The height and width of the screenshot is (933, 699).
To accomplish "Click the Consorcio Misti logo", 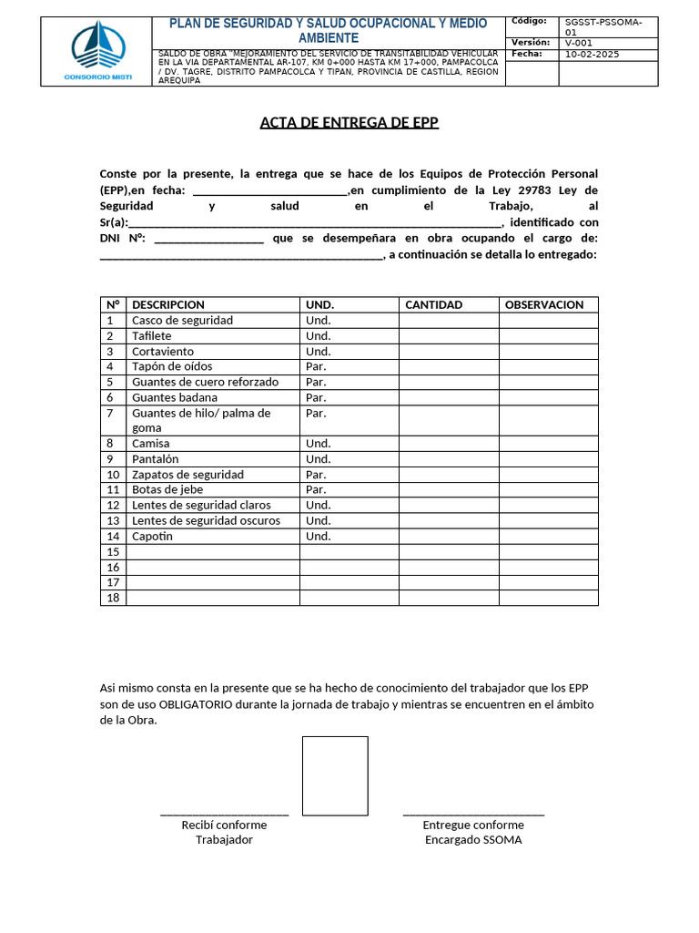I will (97, 51).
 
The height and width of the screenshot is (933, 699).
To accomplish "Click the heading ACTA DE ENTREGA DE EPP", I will (349, 123).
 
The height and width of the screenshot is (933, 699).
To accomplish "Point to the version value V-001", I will (579, 43).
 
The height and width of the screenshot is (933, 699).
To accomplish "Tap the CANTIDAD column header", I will (433, 304).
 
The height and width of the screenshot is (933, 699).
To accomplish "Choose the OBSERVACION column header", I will (544, 304).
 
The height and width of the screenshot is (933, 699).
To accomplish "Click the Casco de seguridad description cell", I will (182, 320).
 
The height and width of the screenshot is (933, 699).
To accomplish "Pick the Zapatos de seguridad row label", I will (187, 474).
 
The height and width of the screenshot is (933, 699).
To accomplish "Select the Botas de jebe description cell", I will (167, 489).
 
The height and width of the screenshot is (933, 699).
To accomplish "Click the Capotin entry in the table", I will (152, 536).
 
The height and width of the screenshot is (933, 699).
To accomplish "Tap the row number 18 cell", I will (113, 598).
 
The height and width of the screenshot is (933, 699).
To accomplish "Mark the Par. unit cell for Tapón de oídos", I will (316, 366).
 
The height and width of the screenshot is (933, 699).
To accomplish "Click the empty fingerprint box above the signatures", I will (335, 775).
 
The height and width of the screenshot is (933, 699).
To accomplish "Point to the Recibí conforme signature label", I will (224, 825).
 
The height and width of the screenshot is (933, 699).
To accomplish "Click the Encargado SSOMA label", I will (473, 839).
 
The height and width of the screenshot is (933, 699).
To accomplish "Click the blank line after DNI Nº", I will (209, 238).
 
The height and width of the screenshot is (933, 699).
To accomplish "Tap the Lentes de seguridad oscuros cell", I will (206, 520).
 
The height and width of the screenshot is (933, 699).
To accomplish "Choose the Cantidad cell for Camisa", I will (448, 443).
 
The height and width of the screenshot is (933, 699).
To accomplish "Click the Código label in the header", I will (529, 21).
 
